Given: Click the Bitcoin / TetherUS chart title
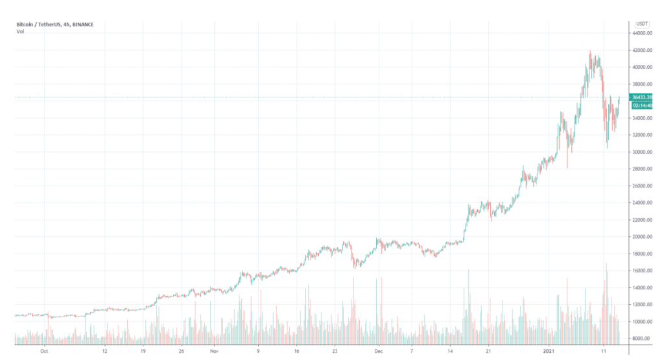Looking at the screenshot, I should [x=54, y=25].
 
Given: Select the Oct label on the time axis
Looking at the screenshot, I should [x=43, y=351].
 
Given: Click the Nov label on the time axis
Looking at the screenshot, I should [x=214, y=351].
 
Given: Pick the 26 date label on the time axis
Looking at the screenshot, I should [x=182, y=351].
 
